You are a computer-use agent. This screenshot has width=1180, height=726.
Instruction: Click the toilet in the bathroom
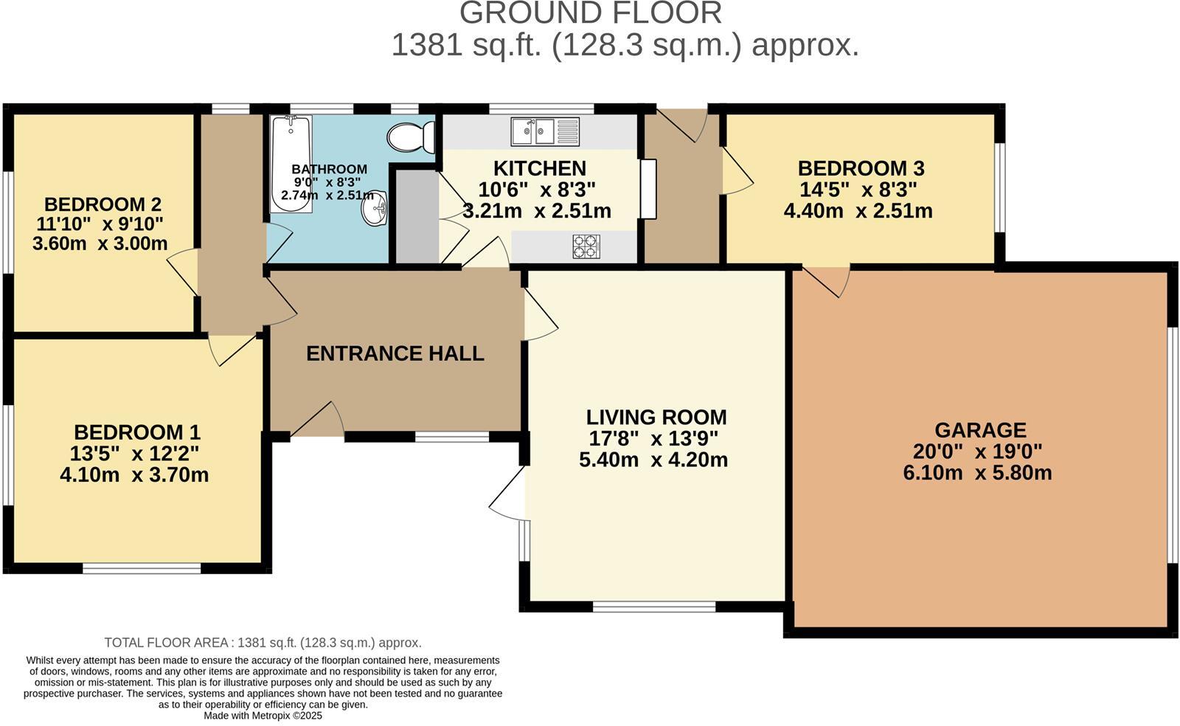coord(411,137)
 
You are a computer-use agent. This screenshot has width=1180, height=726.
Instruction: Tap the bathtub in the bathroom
coord(291,164)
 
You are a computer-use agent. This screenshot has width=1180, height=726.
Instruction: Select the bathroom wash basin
coord(374,207)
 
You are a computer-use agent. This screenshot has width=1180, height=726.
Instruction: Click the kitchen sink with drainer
coord(545,132)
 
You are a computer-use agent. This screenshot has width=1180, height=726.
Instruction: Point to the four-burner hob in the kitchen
coord(586,246)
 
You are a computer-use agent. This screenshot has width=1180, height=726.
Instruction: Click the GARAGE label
coord(980,430)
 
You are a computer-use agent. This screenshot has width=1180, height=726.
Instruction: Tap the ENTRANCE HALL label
coord(395,353)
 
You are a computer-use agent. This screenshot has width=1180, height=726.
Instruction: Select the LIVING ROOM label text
coord(656,418)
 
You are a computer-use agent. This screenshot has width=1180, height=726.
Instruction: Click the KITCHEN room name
coord(539,169)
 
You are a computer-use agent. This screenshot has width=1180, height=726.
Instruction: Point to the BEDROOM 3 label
coord(861,169)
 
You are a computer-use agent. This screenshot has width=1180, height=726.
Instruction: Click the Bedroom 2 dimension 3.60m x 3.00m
coord(100,244)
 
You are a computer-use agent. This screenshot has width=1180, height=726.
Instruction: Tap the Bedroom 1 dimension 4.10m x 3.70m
coord(134,475)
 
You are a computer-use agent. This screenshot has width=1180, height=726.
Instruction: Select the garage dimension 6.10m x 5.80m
coord(978,473)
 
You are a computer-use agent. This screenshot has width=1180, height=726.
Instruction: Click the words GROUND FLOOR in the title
coord(591,13)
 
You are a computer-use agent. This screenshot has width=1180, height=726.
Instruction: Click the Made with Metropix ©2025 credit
coord(263,716)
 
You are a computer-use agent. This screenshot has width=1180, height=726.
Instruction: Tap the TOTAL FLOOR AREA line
coord(263,643)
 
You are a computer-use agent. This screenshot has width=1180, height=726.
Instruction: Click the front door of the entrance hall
coord(317,420)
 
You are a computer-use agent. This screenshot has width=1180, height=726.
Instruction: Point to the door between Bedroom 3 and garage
coord(825,282)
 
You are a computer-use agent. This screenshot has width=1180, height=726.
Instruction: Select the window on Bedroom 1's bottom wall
coord(142,568)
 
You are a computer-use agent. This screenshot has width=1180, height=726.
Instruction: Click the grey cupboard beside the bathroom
coord(417,216)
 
